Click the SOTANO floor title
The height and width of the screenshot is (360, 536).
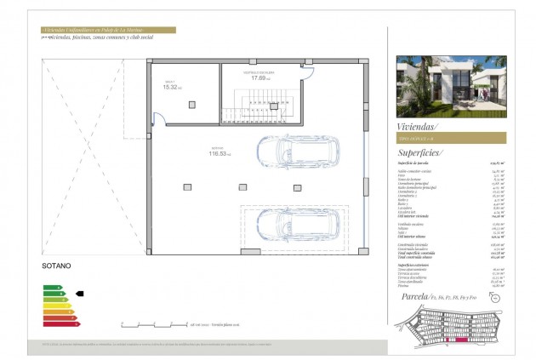[x=56, y=266]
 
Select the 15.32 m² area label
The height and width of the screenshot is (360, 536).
[x=172, y=86]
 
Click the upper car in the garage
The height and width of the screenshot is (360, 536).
[x=299, y=151]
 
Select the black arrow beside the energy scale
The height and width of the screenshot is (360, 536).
[x=80, y=294]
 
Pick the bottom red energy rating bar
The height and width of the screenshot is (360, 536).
[x=60, y=323]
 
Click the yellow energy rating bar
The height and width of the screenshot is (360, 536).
[x=55, y=306]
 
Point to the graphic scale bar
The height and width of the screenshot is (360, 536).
[x=153, y=324]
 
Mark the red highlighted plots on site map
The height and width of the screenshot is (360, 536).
[x=464, y=339]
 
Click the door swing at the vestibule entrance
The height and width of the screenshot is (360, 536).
[x=306, y=71]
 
